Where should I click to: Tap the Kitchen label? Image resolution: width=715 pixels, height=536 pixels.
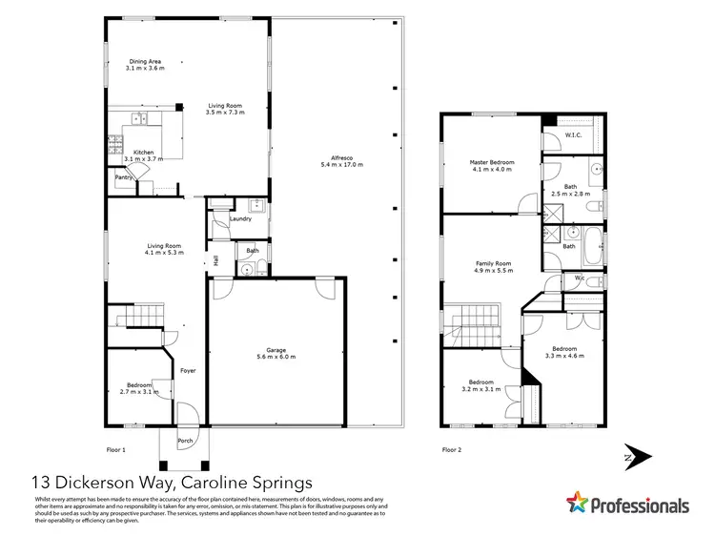click(x=143, y=153)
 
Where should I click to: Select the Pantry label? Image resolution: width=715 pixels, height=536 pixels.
click(x=123, y=177)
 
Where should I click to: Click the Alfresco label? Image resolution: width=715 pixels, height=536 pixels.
click(x=336, y=158)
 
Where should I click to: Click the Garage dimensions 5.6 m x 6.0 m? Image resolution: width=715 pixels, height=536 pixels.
click(x=276, y=357)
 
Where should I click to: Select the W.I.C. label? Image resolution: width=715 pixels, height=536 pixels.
click(x=573, y=135)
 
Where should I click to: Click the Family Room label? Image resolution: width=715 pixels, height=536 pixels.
click(x=494, y=263)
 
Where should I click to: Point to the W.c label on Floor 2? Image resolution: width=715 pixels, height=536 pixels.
click(x=579, y=278)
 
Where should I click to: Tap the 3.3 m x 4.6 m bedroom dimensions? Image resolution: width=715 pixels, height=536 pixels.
click(x=564, y=356)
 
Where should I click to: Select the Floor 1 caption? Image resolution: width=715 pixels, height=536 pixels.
click(x=115, y=448)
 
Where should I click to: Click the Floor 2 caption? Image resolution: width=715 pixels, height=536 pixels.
click(x=451, y=448)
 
